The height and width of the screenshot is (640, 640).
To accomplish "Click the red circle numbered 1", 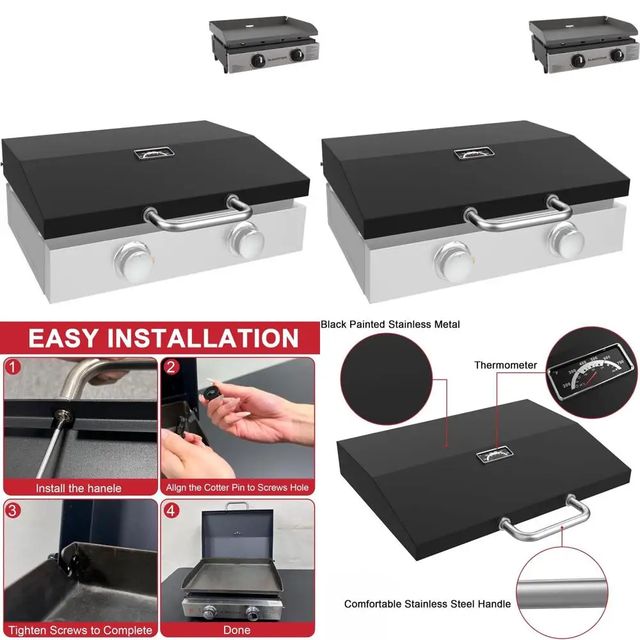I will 13,367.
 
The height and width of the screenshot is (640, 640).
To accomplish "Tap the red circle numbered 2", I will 171,367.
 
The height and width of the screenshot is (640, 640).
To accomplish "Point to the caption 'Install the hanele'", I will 78,488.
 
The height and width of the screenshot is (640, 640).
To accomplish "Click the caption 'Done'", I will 237,630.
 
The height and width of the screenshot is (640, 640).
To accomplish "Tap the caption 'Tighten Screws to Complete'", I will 80,630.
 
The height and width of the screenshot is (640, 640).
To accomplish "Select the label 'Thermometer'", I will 506,365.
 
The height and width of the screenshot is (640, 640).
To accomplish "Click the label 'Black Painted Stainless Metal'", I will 390,324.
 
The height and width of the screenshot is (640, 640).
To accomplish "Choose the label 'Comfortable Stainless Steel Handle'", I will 428,604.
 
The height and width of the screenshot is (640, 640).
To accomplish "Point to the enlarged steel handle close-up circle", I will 561,592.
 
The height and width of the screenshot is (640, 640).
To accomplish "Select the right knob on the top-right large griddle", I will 566,239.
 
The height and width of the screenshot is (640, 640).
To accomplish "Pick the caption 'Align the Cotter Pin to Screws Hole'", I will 237,488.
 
